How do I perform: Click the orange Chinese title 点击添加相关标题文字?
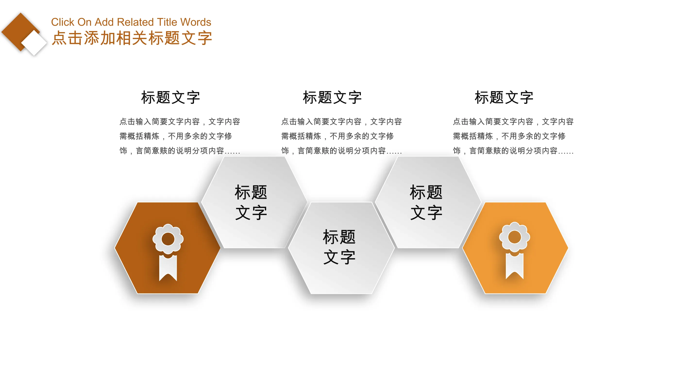point(132,38)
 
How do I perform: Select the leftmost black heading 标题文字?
point(170,97)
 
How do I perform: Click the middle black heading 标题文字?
point(332,97)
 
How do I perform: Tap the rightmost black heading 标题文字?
point(504,97)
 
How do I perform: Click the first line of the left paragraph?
point(180,122)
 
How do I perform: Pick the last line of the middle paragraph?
point(341,151)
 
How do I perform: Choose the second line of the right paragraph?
point(509,136)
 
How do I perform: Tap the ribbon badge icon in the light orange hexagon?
point(514,250)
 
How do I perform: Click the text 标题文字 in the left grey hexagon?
point(251,202)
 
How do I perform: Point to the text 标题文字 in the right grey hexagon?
point(426,202)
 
